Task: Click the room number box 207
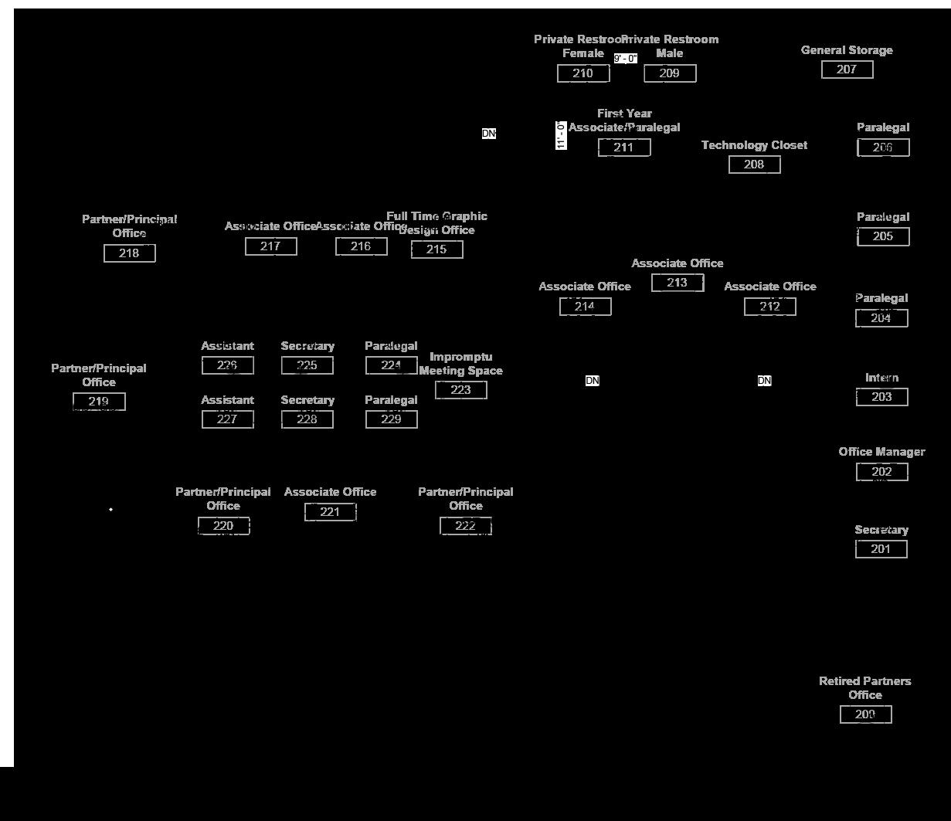[x=847, y=70]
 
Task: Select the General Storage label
[x=847, y=50]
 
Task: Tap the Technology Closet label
[x=754, y=145]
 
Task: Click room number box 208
[x=754, y=165]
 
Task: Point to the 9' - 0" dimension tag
[x=626, y=59]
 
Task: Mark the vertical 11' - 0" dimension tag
[x=562, y=135]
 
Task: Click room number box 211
[x=624, y=148]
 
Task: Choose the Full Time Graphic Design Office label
[x=437, y=223]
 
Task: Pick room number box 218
[x=130, y=253]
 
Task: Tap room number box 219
[x=99, y=402]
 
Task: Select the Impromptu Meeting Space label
[x=461, y=364]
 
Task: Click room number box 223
[x=461, y=390]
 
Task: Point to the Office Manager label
[x=881, y=452]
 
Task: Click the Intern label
[x=881, y=378]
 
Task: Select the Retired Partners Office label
[x=865, y=687]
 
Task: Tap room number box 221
[x=331, y=511]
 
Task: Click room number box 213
[x=678, y=283]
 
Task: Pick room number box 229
[x=392, y=419]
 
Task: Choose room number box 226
[x=228, y=365]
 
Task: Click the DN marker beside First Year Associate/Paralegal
[x=489, y=134]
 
